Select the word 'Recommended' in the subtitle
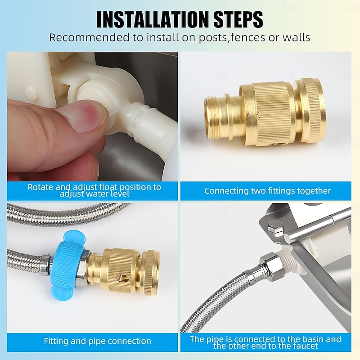(x=90, y=37)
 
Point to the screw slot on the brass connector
(x=122, y=278)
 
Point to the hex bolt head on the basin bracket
(x=275, y=227)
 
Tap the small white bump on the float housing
(x=31, y=94)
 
